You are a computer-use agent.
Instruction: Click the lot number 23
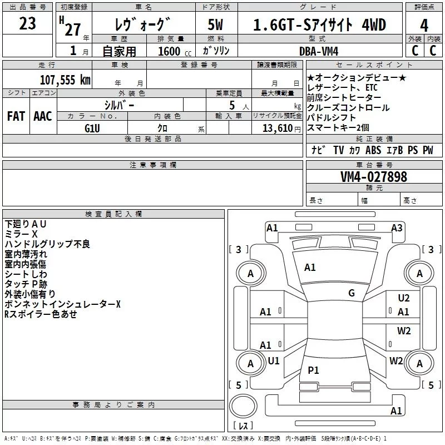coord(28,24)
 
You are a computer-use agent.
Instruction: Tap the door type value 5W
coord(216,26)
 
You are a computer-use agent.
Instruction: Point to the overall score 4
coord(424,26)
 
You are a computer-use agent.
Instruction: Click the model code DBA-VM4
coord(320,51)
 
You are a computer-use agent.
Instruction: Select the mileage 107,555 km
coord(65,80)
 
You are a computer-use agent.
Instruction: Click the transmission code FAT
coord(16,116)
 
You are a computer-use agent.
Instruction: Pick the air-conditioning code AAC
coord(43,116)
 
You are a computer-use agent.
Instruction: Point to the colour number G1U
coord(92,127)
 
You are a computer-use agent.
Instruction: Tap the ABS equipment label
coord(373,150)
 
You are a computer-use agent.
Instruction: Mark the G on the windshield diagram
coord(352,293)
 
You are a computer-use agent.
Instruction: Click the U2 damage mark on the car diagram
coord(404,298)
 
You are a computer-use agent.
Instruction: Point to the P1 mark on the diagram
coord(314,370)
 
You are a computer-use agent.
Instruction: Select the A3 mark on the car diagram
coord(397,228)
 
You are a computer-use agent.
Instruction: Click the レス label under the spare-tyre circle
coord(243,427)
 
